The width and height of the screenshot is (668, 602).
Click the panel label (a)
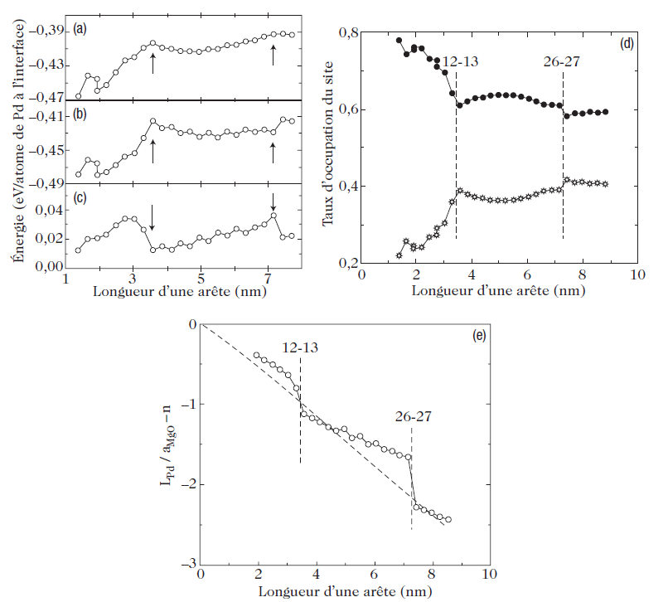[x=80, y=30]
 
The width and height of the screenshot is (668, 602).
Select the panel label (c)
[x=80, y=198]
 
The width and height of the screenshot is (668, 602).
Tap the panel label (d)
[x=627, y=44]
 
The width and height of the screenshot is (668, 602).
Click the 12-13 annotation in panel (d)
[x=459, y=61]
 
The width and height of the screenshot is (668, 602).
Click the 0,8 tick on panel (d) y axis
[x=349, y=32]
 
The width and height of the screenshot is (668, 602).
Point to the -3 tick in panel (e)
[x=190, y=563]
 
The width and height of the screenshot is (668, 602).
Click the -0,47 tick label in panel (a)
[x=46, y=98]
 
